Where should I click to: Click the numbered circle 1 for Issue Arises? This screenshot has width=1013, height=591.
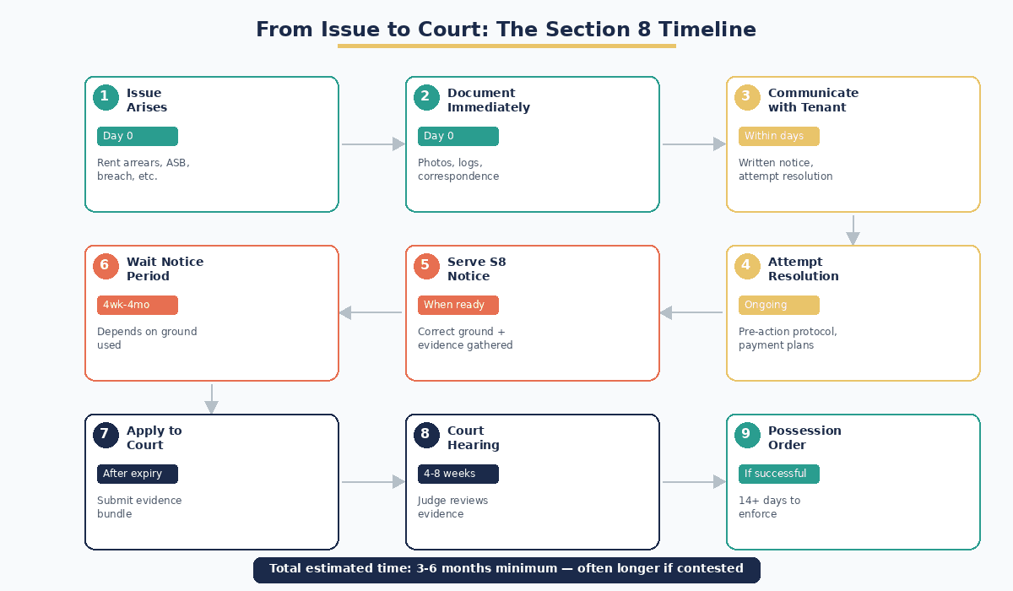(x=105, y=97)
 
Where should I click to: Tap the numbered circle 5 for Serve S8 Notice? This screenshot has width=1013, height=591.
(x=425, y=266)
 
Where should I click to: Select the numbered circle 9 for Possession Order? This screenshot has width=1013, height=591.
(x=746, y=435)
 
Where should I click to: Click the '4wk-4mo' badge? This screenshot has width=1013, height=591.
(x=137, y=305)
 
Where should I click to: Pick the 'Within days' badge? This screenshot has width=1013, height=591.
(x=778, y=136)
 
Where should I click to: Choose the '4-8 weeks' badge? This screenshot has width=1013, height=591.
(x=458, y=474)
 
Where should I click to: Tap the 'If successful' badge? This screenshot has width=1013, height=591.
(x=778, y=474)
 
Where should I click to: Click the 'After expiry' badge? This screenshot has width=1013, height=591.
(x=137, y=474)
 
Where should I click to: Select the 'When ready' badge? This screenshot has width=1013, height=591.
(x=458, y=305)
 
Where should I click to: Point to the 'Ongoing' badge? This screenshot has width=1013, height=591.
(x=778, y=305)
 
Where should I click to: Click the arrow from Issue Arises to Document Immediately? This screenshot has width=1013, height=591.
(x=372, y=144)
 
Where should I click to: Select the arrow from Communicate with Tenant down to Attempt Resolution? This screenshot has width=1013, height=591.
(x=853, y=229)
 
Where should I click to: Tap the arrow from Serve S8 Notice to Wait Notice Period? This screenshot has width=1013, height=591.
(x=371, y=313)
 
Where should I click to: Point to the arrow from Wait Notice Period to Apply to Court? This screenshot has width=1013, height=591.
(x=211, y=398)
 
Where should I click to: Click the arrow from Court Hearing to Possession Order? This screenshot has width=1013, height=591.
(x=693, y=482)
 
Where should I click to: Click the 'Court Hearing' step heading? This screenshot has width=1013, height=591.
(x=473, y=437)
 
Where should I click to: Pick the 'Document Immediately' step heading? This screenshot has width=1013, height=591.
(x=488, y=100)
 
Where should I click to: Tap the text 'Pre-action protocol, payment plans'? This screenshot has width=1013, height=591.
(x=787, y=338)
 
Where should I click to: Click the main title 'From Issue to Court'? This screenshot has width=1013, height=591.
(x=506, y=30)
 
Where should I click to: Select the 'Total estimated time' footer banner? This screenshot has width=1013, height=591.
(x=506, y=569)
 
